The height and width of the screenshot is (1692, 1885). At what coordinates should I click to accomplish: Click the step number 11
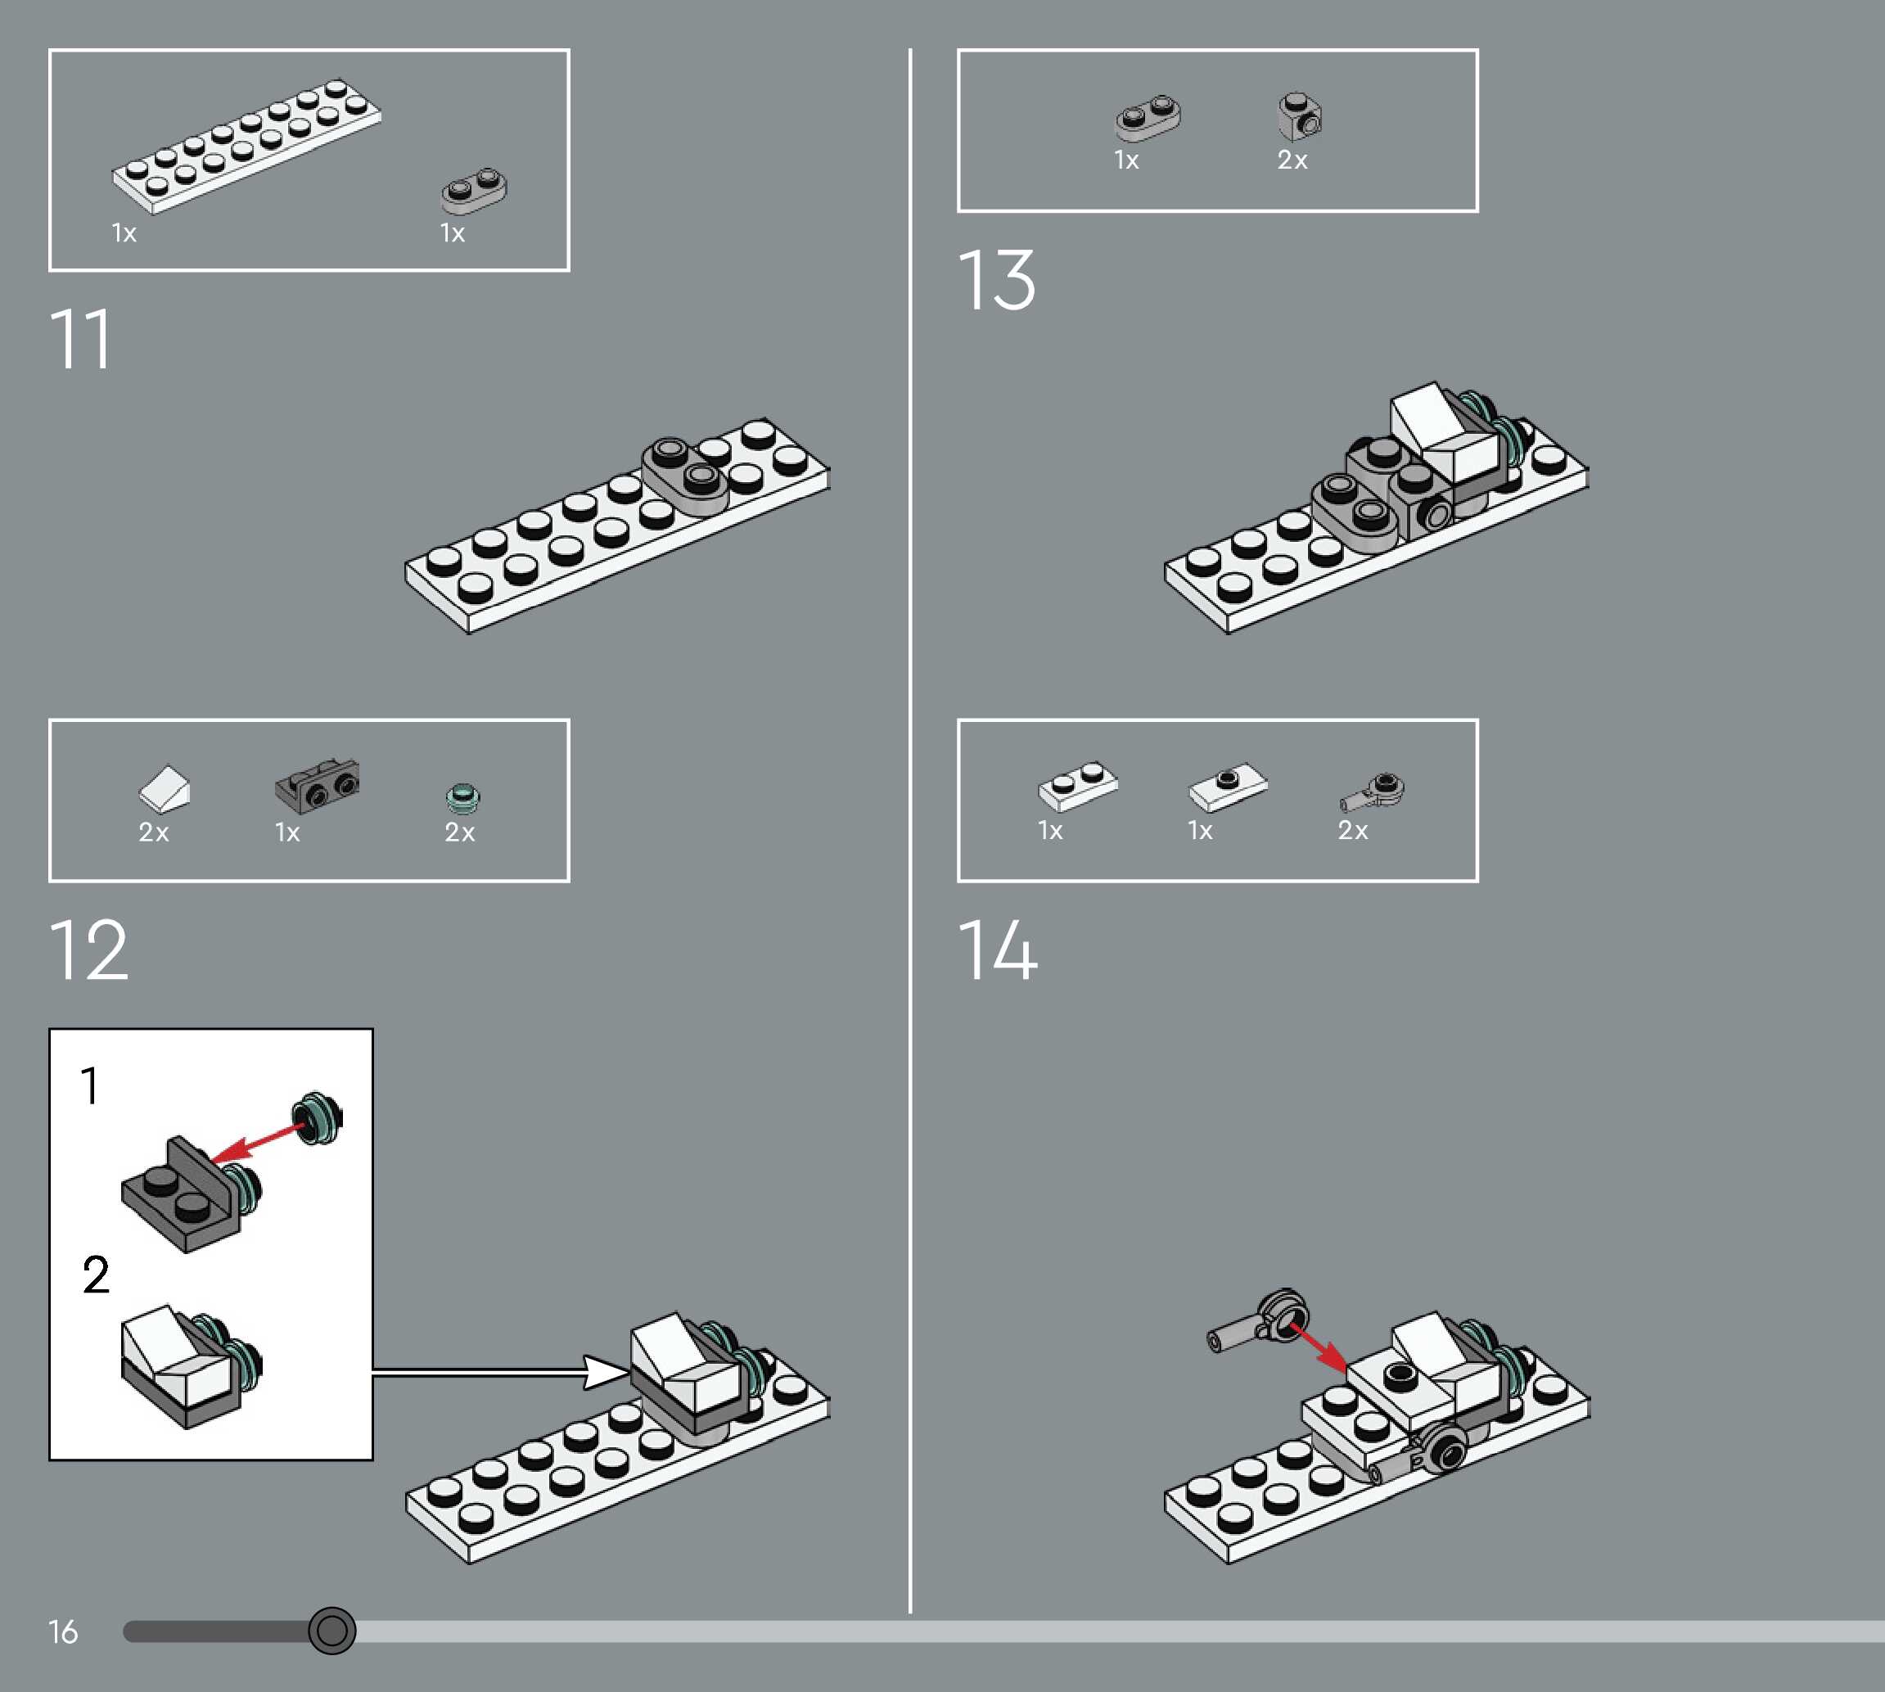point(80,341)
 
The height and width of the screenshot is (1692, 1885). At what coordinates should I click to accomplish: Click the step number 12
point(88,950)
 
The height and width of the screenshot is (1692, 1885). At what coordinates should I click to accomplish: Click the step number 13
point(996,281)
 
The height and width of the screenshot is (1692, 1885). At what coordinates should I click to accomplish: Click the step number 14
point(998,950)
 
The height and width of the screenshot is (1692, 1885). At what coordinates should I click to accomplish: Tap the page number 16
point(63,1631)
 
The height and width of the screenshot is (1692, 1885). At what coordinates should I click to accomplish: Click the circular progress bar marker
point(331,1630)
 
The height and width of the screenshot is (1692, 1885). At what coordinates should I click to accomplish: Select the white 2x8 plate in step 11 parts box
point(246,146)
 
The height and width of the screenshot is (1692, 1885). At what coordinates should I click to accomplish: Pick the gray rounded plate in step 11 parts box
point(474,191)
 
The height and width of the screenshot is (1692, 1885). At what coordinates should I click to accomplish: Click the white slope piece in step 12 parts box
point(165,788)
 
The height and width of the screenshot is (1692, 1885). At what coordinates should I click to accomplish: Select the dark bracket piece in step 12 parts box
point(317,783)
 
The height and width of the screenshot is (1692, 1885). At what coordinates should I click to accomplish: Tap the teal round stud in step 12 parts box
point(463,796)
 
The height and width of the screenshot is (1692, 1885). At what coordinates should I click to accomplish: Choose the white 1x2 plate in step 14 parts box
point(1078,787)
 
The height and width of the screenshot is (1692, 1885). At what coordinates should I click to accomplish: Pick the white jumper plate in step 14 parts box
point(1228,787)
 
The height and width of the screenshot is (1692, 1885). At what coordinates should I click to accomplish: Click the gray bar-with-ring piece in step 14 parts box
point(1373,791)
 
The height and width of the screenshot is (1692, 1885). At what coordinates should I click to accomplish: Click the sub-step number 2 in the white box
point(96,1275)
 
